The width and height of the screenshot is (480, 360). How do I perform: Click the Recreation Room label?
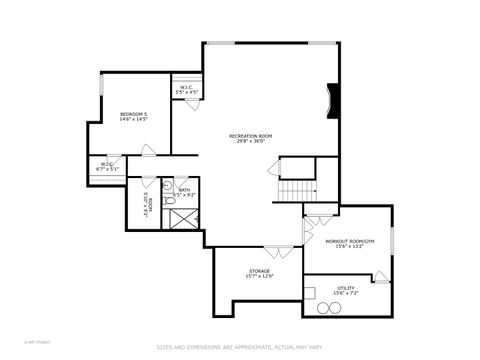[252, 138]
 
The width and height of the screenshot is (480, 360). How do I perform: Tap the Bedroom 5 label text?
[133, 117]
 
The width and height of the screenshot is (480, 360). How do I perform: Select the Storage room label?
[260, 274]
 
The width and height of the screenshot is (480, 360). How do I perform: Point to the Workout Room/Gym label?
[349, 244]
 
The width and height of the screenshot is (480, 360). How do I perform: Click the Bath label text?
[185, 191]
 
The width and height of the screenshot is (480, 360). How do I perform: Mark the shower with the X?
[185, 217]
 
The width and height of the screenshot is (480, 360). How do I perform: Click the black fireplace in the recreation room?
[335, 100]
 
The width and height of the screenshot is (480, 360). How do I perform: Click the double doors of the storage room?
[278, 248]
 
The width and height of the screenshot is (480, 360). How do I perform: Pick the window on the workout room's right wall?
[390, 241]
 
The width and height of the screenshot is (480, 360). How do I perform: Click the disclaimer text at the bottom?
[239, 346]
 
